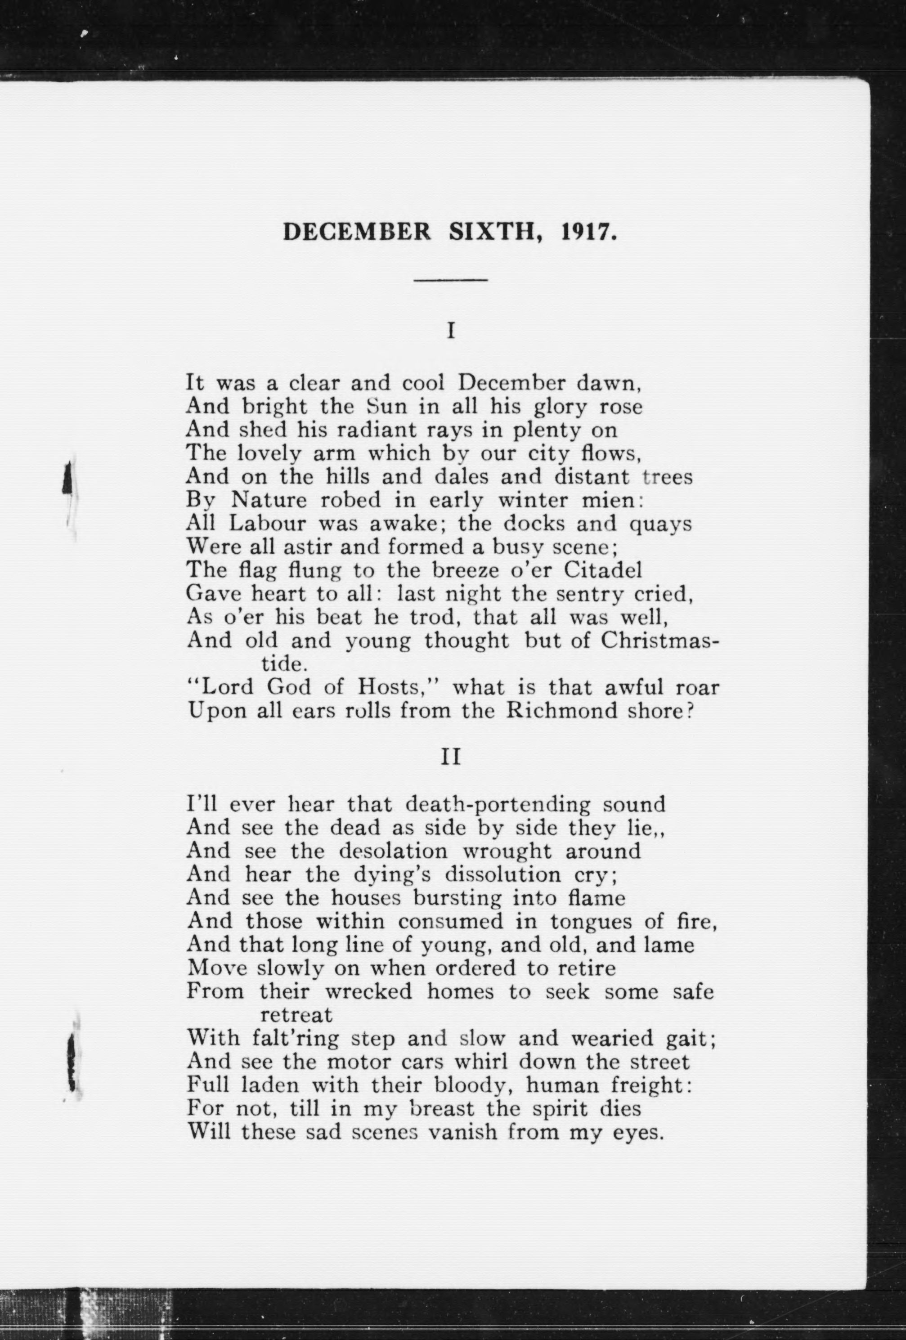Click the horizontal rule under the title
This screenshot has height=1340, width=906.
[x=450, y=280]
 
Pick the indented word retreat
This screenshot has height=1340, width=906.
[x=296, y=1015]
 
